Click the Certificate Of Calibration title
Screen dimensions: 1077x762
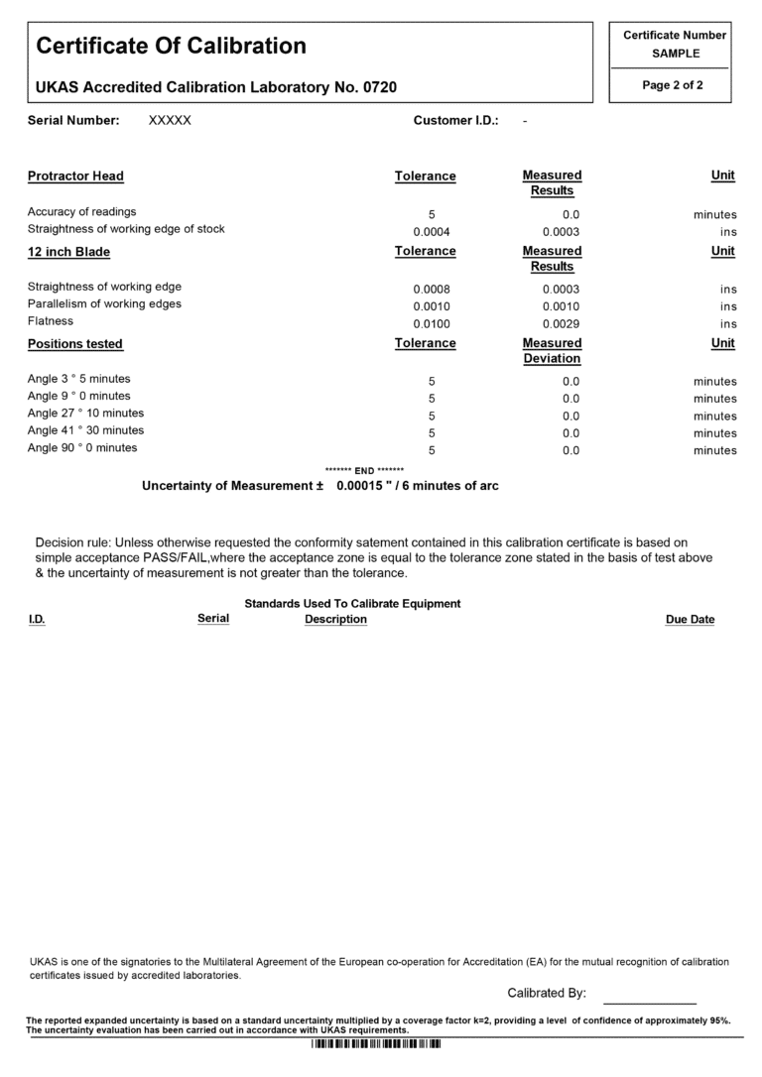(x=172, y=46)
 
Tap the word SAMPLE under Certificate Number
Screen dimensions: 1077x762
(x=675, y=54)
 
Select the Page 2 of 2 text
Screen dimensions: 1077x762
(x=673, y=85)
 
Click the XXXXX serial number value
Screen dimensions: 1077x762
(x=170, y=121)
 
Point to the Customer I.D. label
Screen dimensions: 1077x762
(x=455, y=121)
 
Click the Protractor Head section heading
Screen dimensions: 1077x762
(x=75, y=177)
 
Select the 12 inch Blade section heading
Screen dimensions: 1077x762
(x=68, y=252)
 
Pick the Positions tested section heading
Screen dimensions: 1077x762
(x=75, y=344)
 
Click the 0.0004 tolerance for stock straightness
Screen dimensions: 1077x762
(x=432, y=232)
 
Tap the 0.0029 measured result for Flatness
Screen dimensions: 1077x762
(x=561, y=324)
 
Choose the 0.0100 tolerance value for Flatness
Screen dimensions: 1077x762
(x=432, y=324)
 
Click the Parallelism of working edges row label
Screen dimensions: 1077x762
(x=104, y=304)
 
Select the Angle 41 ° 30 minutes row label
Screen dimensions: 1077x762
(x=85, y=430)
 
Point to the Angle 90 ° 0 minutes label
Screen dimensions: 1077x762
(x=82, y=448)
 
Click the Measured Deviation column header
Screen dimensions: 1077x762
(x=552, y=351)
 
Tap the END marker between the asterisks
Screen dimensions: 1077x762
(x=364, y=470)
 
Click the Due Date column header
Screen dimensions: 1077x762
(x=690, y=620)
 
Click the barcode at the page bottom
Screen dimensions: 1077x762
(x=376, y=1044)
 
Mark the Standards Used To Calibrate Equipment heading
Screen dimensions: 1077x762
(x=352, y=604)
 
